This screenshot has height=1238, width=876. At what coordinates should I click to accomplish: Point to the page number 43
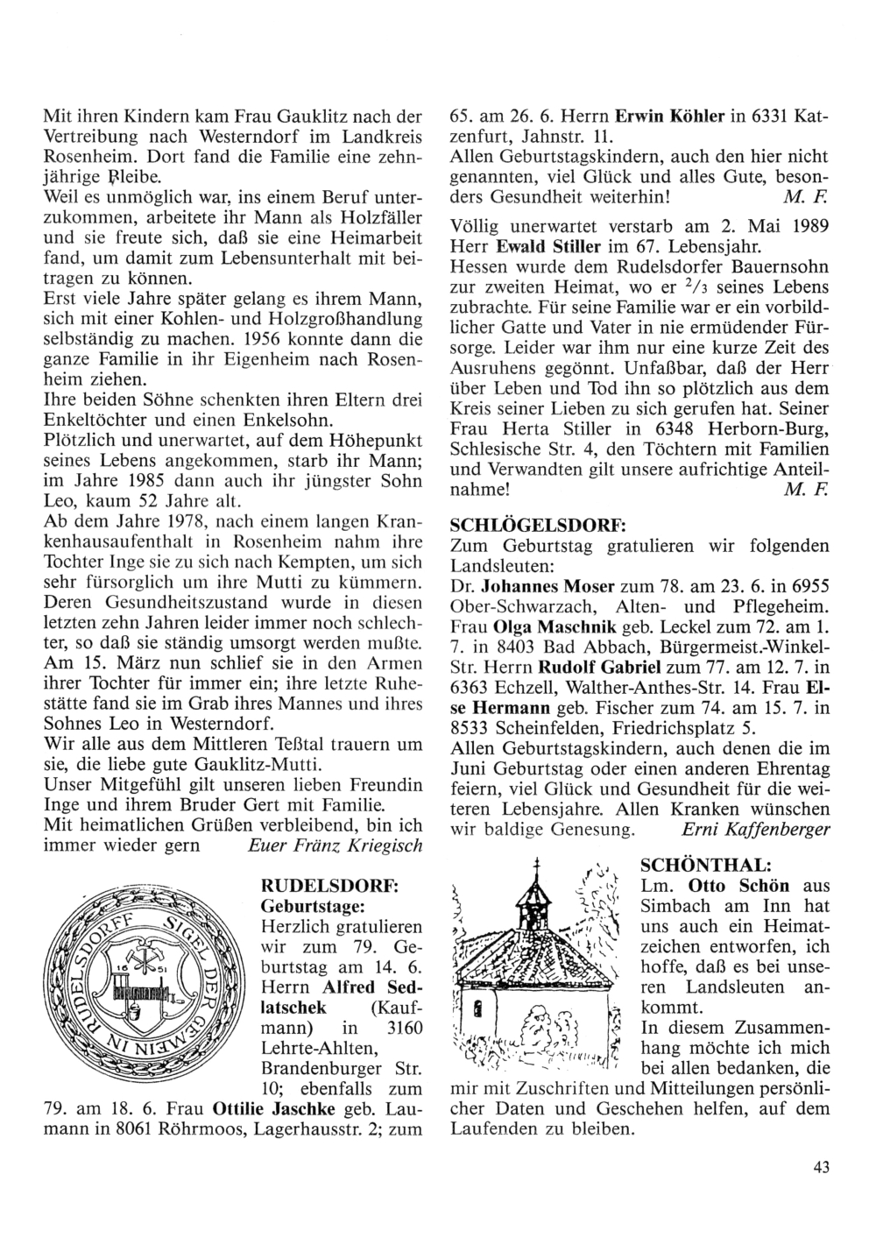tap(820, 1165)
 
